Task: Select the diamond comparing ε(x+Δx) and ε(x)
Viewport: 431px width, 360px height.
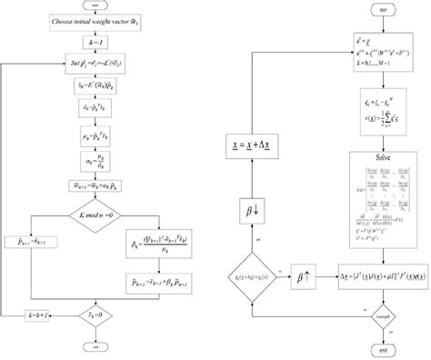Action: point(250,270)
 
